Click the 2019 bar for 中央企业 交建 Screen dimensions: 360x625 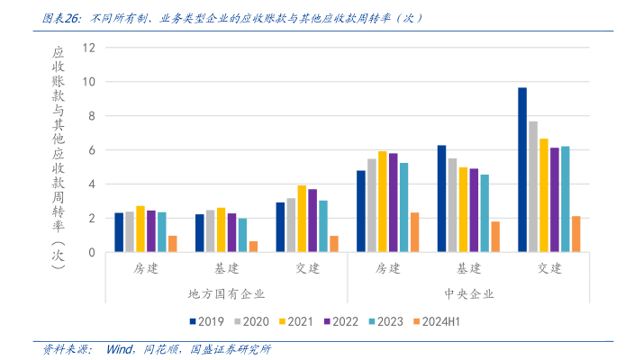522,170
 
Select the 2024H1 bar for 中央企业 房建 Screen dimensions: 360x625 414,232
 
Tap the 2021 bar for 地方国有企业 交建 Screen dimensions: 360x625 302,219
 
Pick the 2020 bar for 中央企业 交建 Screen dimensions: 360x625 533,186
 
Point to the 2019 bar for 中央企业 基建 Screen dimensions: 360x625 441,199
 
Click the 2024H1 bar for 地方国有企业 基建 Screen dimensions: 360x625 253,247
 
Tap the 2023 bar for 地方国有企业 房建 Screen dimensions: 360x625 162,232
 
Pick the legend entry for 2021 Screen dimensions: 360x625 298,320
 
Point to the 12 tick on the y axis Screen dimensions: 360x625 88,47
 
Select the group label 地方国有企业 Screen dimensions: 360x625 226,293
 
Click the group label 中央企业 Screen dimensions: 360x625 469,293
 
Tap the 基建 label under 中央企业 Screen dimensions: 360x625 469,268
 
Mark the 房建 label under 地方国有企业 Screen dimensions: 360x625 146,268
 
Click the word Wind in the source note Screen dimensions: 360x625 120,349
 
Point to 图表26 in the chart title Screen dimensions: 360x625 61,17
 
